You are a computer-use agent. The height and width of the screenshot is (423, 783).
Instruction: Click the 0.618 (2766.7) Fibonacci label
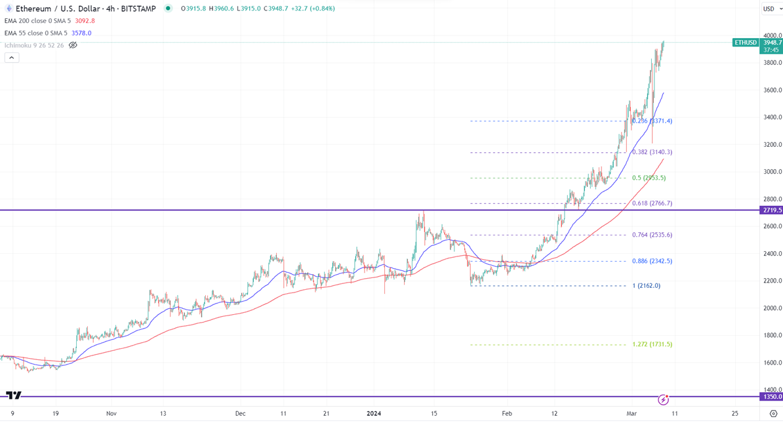[652, 203]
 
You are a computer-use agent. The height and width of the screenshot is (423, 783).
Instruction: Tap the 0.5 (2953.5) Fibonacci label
[649, 178]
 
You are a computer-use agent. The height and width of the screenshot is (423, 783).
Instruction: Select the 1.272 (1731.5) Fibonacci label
[652, 344]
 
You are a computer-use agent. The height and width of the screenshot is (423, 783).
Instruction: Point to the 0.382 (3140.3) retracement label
[652, 152]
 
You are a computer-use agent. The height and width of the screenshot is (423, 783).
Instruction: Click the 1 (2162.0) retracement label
[646, 286]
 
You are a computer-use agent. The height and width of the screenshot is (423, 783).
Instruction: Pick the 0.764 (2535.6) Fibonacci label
[652, 235]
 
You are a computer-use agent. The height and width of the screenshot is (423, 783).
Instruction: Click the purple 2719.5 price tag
[772, 211]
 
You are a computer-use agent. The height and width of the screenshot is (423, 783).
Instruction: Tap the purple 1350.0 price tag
[772, 397]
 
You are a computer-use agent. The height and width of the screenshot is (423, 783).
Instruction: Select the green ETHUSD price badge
[746, 43]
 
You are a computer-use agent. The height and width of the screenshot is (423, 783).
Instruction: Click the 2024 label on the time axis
[374, 414]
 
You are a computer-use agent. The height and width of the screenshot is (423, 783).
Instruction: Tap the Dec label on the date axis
[241, 414]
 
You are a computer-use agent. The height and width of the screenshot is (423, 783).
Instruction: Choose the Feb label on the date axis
[507, 414]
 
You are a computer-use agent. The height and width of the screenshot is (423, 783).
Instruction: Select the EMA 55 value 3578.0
[81, 33]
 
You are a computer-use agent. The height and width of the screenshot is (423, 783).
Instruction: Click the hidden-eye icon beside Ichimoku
[73, 45]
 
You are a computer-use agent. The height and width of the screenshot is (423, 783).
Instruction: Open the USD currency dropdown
[771, 9]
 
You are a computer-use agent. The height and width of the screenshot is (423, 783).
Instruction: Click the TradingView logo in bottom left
[14, 395]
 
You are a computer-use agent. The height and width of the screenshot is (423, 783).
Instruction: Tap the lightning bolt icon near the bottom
[663, 399]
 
